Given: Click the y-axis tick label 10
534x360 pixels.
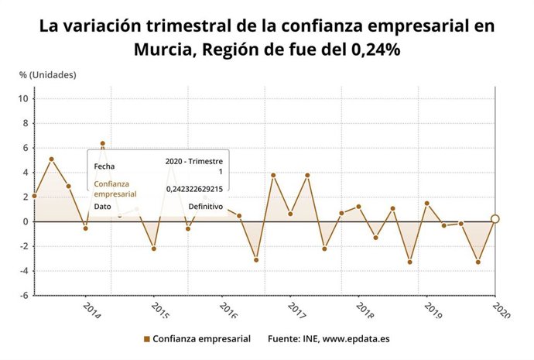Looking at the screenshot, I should (24, 98).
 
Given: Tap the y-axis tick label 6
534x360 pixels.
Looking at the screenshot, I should (26, 148).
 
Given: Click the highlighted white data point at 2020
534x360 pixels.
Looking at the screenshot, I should (495, 218).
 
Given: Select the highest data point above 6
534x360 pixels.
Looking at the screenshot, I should (102, 143).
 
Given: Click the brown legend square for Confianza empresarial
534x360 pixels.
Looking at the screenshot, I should (146, 339).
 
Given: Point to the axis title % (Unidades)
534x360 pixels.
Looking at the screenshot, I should (48, 75).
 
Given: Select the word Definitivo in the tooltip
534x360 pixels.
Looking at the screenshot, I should (206, 207).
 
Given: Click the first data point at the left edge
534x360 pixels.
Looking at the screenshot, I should (35, 196).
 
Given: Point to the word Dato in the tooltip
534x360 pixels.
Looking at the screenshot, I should (102, 207).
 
